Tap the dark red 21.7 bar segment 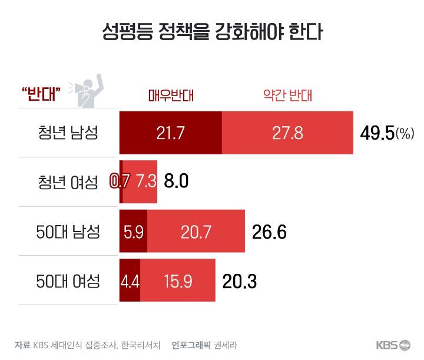pyautogui.click(x=171, y=133)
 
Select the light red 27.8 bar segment pyautogui.click(x=287, y=133)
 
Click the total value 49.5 pyautogui.click(x=376, y=133)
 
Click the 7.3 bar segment pyautogui.click(x=146, y=181)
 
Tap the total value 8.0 pyautogui.click(x=176, y=181)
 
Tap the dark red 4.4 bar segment pyautogui.click(x=130, y=281)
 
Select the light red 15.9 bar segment pyautogui.click(x=178, y=281)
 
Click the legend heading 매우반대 pyautogui.click(x=171, y=95)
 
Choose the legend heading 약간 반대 pyautogui.click(x=287, y=95)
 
